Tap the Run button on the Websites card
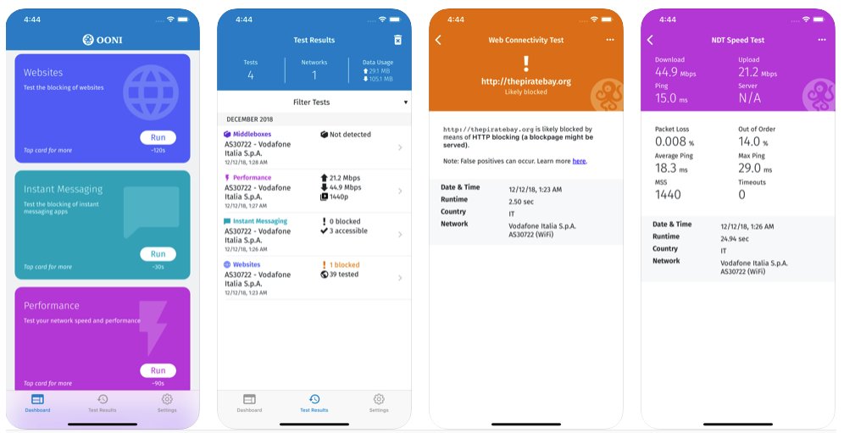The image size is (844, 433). click(x=158, y=138)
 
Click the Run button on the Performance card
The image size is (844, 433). click(x=158, y=370)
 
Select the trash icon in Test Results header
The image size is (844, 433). click(x=398, y=40)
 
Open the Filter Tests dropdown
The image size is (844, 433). click(x=314, y=103)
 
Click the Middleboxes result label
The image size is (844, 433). click(x=252, y=134)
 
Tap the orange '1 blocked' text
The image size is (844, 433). click(x=344, y=265)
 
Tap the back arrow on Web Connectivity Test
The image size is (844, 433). click(x=438, y=40)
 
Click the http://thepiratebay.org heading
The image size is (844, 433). click(x=525, y=81)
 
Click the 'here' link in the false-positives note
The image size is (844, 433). click(x=579, y=161)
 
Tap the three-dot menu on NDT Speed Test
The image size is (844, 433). click(x=821, y=40)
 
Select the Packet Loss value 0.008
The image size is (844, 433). click(x=670, y=142)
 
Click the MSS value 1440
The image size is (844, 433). click(x=668, y=194)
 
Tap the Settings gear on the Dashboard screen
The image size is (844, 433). click(x=167, y=400)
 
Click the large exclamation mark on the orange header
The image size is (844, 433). click(x=525, y=63)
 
